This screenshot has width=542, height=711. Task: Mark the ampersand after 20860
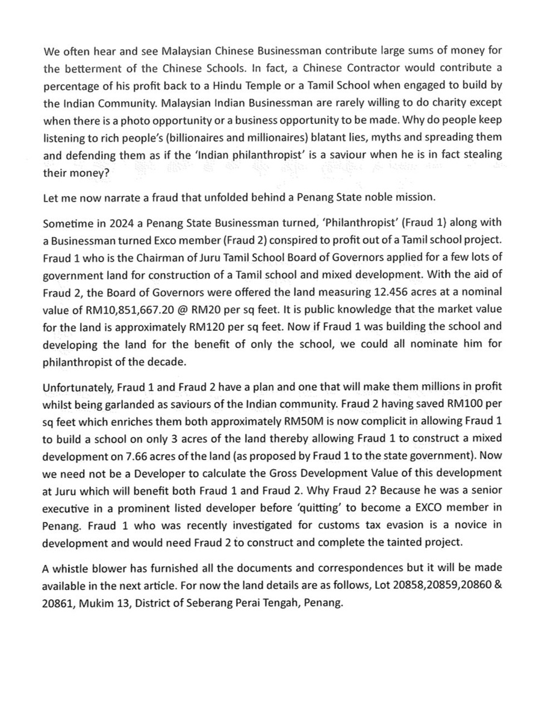click(x=499, y=583)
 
